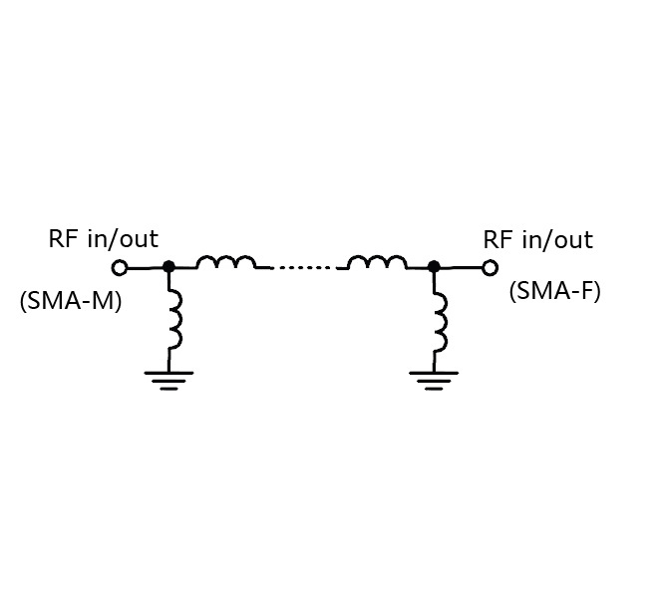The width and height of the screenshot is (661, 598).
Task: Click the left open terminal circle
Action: click(120, 267)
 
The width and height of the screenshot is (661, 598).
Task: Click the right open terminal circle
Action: click(490, 267)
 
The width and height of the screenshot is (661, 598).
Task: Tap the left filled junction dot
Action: click(168, 266)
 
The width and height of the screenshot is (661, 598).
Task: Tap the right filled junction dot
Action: click(434, 266)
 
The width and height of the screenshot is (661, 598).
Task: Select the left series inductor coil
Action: click(225, 263)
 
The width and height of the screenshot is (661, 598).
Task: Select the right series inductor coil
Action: click(377, 263)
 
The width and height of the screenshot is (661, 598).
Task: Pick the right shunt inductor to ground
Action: click(439, 322)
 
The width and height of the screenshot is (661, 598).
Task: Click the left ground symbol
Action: click(168, 379)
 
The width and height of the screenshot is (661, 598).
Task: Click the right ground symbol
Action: click(434, 379)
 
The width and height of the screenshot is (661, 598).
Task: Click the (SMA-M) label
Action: click(71, 300)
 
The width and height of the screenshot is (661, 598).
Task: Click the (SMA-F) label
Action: click(555, 291)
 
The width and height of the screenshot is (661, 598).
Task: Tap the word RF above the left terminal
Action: click(62, 239)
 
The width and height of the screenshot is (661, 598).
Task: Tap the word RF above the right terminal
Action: click(496, 240)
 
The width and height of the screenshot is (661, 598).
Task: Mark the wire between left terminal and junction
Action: click(145, 267)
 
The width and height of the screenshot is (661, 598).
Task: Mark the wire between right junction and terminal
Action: click(462, 267)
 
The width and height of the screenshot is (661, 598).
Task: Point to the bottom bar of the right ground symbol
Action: click(434, 389)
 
